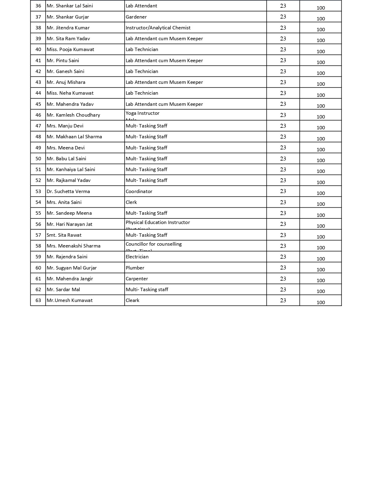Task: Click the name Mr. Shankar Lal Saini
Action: (69, 6)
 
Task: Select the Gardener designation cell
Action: (136, 17)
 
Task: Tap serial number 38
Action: (38, 28)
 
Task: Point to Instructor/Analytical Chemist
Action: (158, 28)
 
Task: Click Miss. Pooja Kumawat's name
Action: (70, 50)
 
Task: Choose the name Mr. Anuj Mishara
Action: (66, 82)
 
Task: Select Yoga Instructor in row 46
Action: (142, 113)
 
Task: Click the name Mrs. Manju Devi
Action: (65, 126)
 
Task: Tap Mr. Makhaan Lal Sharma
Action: (74, 137)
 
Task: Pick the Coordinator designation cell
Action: (139, 192)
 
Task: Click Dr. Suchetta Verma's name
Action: (68, 192)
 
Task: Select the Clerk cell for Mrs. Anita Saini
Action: (131, 202)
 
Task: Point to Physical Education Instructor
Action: (158, 222)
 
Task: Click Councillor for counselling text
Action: (154, 244)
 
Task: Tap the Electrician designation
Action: (137, 257)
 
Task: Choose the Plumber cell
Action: (135, 268)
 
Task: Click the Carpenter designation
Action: (137, 279)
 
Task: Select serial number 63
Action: (38, 300)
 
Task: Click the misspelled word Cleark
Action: (132, 300)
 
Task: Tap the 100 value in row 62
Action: (321, 291)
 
